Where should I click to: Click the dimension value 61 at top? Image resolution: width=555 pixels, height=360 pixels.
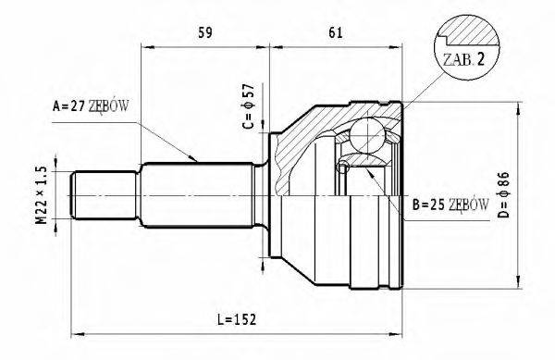tap(335, 34)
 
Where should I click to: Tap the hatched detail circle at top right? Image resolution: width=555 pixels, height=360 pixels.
tap(466, 43)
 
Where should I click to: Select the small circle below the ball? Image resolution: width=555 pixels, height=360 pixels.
tap(343, 167)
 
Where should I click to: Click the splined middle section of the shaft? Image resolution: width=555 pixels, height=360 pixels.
tap(199, 194)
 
